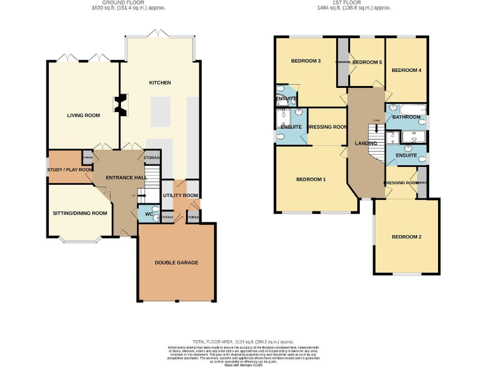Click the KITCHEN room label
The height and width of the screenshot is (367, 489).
pos(160,83)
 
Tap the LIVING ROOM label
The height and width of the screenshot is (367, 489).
pos(84,115)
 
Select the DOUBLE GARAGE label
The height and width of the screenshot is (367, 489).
pos(176,263)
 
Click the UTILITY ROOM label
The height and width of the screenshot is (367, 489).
pos(181,196)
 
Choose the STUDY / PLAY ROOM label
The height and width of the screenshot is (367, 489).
pos(69,169)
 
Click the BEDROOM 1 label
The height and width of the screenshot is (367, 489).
pos(311,180)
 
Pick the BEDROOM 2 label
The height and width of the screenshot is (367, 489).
pos(406,237)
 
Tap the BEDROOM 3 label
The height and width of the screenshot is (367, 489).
pos(306,61)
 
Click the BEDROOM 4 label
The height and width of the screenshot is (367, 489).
pos(406,70)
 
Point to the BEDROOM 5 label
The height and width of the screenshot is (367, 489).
pos(367,62)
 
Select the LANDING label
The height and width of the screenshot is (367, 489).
pos(366,143)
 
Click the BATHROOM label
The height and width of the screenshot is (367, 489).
pos(406,117)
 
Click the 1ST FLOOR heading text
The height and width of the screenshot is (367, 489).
pos(354,3)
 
